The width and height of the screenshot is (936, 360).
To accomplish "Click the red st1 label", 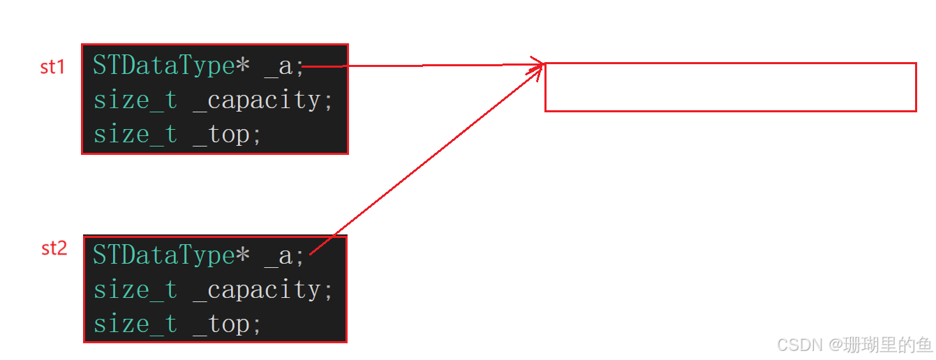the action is pos(52,67).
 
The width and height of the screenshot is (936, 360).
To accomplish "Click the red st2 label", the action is pos(54,248).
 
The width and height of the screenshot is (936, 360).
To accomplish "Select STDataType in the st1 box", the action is pos(163,66).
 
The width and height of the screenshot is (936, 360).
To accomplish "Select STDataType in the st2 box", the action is pos(163,256).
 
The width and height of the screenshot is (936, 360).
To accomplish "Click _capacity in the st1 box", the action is pos(256,100).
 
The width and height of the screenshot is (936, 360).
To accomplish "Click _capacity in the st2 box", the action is pos(256,290).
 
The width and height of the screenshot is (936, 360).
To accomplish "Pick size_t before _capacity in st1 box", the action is pos(135,100).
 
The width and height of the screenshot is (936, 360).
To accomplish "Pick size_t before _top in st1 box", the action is pos(135,135).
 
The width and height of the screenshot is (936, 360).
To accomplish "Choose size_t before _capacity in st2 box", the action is pos(135,290).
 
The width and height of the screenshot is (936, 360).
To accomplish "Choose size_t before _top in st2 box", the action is pos(135,324).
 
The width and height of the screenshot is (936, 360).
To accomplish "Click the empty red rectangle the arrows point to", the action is pos(730,87).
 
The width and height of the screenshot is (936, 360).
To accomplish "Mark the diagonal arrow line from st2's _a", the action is pos(426,160).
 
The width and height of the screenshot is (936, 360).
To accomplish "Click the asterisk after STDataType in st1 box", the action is pos(242,65).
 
